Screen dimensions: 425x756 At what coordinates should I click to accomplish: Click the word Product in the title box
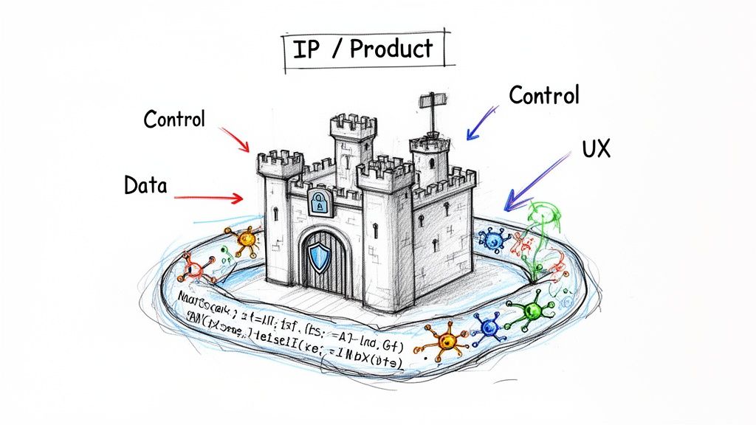point(391,49)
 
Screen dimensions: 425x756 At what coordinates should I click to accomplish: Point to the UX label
point(595,150)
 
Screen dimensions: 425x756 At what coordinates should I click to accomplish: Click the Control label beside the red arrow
point(174,119)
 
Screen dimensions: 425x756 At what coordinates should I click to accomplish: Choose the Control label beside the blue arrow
point(544,95)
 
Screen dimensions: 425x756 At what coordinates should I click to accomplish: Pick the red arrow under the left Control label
point(236,139)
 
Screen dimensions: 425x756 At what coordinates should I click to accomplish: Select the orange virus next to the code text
point(445,340)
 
